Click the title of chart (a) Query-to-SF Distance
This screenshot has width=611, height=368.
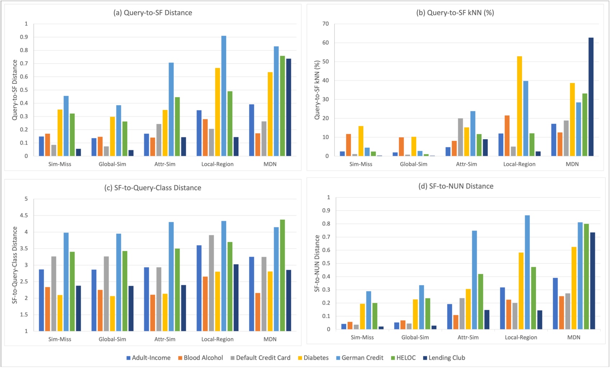(x=153, y=13)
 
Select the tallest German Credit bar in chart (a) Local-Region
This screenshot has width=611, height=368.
(x=224, y=96)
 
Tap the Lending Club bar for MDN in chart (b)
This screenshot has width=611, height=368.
(x=591, y=97)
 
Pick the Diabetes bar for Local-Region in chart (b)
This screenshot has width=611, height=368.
(x=519, y=106)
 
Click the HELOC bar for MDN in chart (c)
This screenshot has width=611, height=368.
(x=282, y=275)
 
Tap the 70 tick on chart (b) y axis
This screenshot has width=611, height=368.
(x=326, y=24)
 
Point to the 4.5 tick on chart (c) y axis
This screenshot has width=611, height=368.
(x=24, y=215)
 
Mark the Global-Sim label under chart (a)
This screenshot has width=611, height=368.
(x=112, y=164)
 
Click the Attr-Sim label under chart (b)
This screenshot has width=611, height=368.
(x=467, y=164)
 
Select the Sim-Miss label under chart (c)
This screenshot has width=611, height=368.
(x=60, y=339)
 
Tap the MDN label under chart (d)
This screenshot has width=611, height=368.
(x=574, y=337)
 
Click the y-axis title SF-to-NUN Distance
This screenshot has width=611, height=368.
(x=317, y=263)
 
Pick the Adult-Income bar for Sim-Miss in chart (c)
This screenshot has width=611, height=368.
(x=41, y=300)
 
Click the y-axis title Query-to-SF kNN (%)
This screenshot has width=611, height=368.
(x=317, y=90)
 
